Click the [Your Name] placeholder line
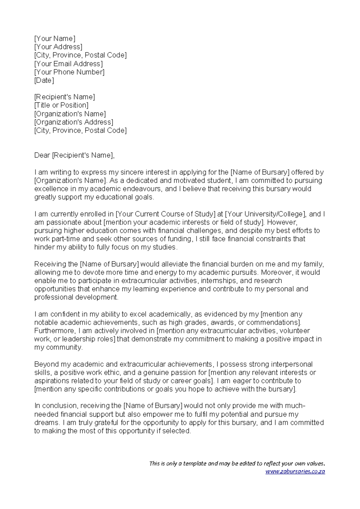coord(55,39)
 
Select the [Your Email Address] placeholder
coord(68,64)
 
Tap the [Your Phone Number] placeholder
coord(69,72)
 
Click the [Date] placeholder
coord(44,80)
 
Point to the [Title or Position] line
coord(61,105)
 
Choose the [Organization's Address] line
coord(74,122)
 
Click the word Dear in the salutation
coord(42,155)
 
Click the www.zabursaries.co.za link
coord(295,471)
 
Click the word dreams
coord(46,423)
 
